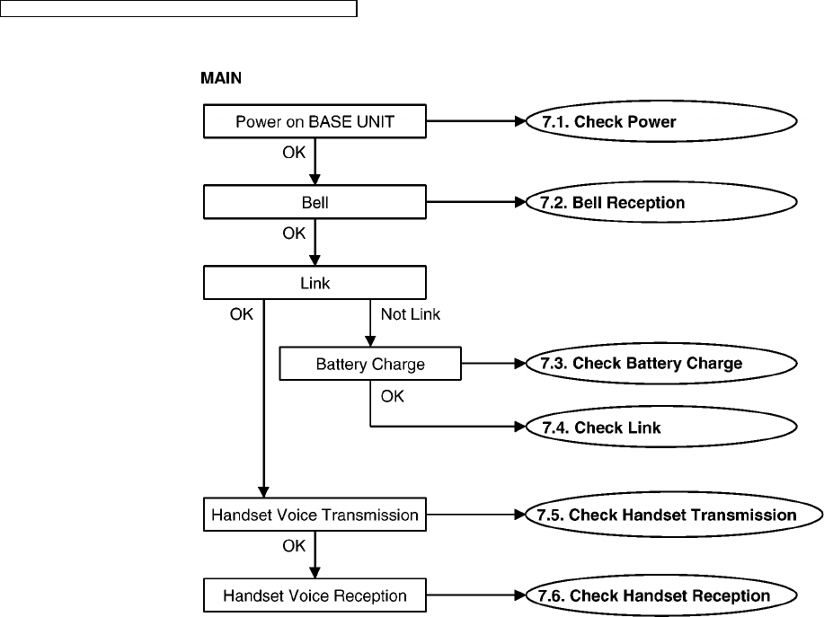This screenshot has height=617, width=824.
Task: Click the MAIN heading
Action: click(x=221, y=78)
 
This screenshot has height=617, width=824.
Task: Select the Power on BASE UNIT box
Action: click(x=315, y=121)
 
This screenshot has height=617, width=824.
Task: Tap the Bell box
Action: click(x=315, y=202)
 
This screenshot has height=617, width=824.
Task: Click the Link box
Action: click(x=315, y=283)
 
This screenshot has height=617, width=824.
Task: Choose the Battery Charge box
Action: click(x=370, y=364)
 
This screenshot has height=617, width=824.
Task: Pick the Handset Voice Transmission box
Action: click(x=315, y=515)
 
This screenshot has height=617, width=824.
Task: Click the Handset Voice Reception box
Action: click(x=315, y=595)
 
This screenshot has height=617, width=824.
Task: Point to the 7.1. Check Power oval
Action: click(x=661, y=121)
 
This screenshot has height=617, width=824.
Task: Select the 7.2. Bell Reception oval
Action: click(x=661, y=202)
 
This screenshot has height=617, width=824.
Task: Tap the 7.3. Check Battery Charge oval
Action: click(x=661, y=364)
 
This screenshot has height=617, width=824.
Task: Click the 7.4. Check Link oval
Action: click(x=661, y=427)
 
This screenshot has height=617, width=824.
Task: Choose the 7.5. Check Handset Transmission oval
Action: click(x=674, y=515)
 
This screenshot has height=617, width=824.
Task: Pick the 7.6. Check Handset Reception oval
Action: click(x=661, y=595)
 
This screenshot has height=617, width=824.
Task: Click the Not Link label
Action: click(x=411, y=314)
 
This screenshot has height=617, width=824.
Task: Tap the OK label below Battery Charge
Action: click(x=393, y=396)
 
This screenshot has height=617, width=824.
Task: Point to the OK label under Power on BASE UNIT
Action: click(x=294, y=153)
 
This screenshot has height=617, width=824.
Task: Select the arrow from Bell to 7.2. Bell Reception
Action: click(x=476, y=202)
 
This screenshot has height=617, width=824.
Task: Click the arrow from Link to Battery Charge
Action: click(x=370, y=323)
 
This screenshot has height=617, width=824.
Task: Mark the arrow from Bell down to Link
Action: click(x=315, y=242)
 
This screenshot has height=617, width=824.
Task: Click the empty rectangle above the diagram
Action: click(x=179, y=8)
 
